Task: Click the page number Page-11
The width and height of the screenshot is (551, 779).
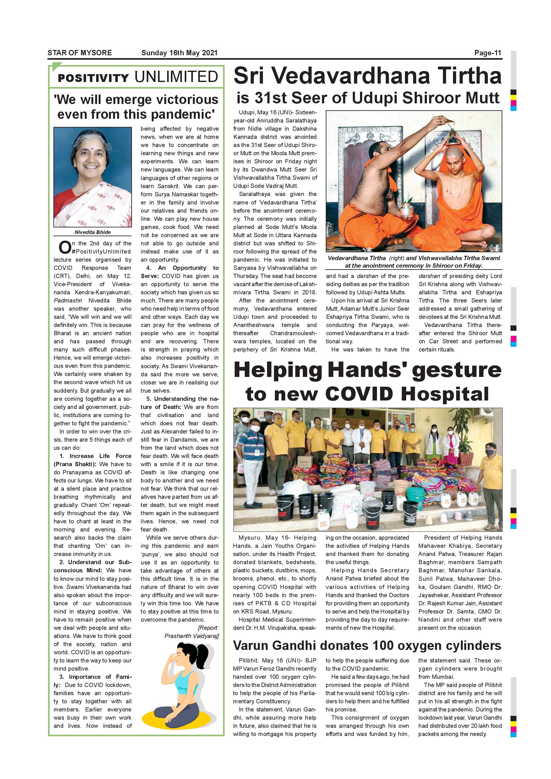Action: (x=488, y=53)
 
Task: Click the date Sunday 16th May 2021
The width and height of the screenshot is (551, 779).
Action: (x=179, y=53)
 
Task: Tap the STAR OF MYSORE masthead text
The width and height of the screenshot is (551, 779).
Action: (x=79, y=53)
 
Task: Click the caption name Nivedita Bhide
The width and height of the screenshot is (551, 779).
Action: (x=93, y=232)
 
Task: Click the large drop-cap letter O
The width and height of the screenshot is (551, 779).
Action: (x=64, y=248)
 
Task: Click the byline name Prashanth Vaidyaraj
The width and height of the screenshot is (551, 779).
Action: (x=191, y=636)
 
